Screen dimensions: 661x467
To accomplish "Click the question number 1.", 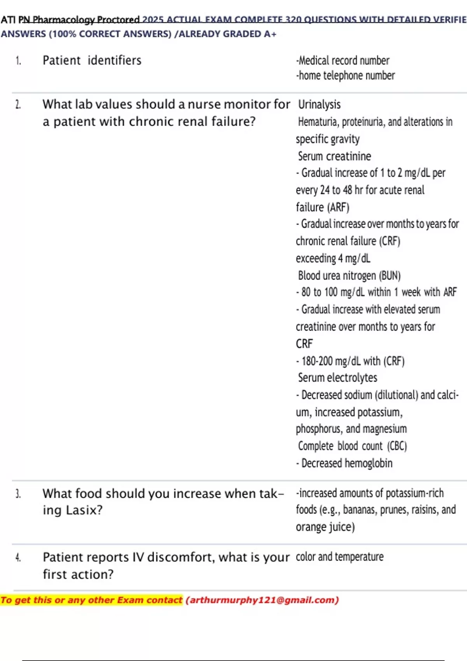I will (x=18, y=61).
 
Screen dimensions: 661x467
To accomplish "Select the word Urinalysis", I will (x=319, y=105).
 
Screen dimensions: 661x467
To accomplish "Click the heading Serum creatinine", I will (x=334, y=156).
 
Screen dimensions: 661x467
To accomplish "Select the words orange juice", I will (x=325, y=527).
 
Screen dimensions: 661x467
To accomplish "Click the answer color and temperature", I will (x=339, y=557).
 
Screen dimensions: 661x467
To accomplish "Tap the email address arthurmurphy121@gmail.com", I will (x=262, y=600).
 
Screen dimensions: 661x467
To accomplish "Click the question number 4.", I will (x=18, y=558).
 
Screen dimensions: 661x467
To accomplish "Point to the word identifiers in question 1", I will (x=114, y=61).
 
